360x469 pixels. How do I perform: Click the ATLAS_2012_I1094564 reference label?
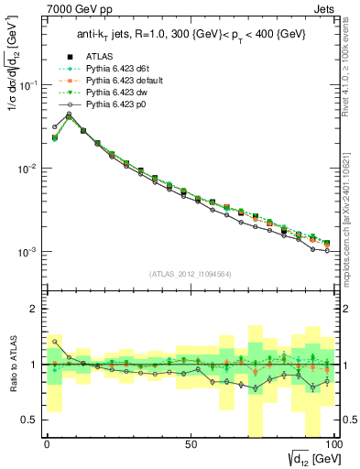click(191, 274)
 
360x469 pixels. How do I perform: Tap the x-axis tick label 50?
click(191, 442)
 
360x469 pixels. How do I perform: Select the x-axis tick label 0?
click(47, 442)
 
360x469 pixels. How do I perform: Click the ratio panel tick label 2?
click(31, 309)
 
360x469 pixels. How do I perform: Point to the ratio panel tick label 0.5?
click(27, 420)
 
